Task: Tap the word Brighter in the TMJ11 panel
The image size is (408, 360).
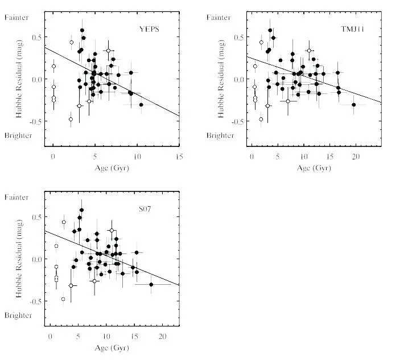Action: (220, 136)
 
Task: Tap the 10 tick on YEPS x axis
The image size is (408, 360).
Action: (137, 156)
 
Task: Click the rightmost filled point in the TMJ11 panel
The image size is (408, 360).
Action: (354, 105)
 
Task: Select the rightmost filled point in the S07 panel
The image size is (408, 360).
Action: (151, 284)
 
